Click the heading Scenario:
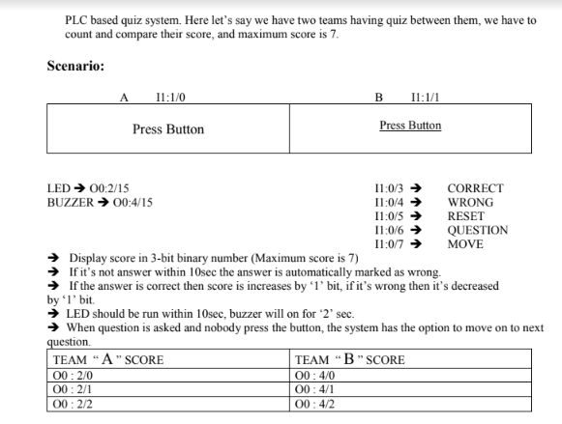point(75,67)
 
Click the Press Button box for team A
point(168,129)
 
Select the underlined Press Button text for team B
point(410,126)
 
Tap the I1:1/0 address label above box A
point(170,98)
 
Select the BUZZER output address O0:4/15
point(132,202)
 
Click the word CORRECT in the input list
point(475,188)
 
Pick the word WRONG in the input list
point(470,202)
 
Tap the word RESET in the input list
point(465,216)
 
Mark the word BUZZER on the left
point(67,202)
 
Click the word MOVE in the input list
point(464,244)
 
